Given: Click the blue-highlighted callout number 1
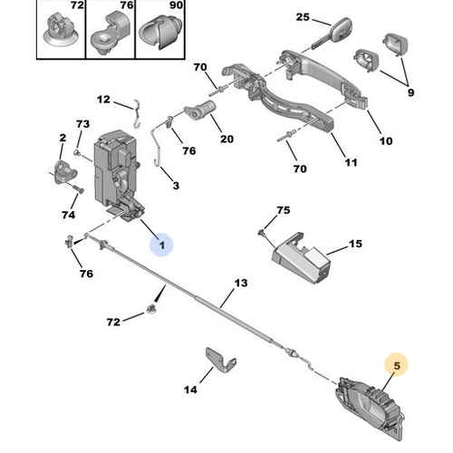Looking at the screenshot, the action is click(x=162, y=245).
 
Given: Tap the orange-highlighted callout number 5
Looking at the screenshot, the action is click(x=397, y=365).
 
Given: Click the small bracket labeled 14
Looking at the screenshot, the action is click(x=220, y=361).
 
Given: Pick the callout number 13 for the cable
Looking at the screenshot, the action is click(x=241, y=283).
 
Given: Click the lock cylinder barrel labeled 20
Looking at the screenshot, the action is click(x=200, y=111).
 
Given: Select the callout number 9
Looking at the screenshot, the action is click(x=410, y=92).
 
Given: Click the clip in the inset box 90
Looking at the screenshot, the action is click(x=160, y=32).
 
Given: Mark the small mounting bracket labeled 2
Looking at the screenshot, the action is click(x=65, y=172).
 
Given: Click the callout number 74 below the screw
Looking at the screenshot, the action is click(x=68, y=215).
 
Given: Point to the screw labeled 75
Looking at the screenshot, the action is click(x=261, y=232).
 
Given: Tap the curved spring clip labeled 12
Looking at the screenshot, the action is click(x=137, y=114).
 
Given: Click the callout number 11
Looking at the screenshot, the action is click(x=351, y=162).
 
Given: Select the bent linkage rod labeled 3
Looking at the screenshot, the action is click(x=158, y=148).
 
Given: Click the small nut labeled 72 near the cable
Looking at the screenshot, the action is click(x=150, y=309).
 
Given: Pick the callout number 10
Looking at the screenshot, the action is click(x=386, y=141).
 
